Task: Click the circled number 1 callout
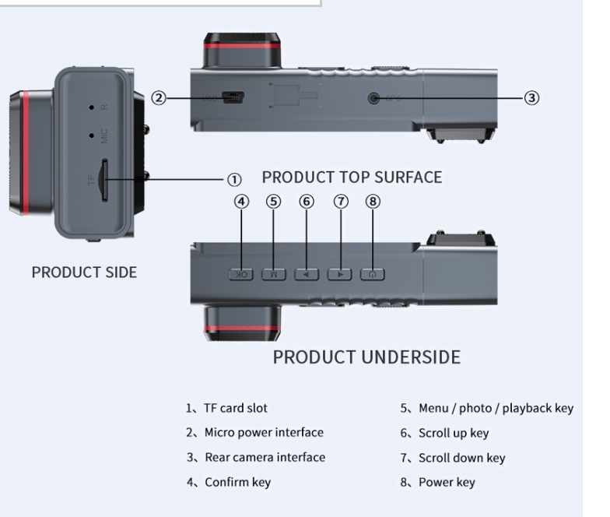(234, 180)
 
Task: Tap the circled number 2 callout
(158, 98)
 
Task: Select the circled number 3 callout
(531, 98)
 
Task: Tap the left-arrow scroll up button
(307, 274)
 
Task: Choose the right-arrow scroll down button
(339, 274)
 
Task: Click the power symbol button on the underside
(372, 274)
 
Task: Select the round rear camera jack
(373, 99)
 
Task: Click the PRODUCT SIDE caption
(84, 273)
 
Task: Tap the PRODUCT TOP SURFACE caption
(352, 178)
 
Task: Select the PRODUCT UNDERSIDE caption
(366, 357)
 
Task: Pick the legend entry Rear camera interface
(265, 457)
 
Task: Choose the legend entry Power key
(446, 482)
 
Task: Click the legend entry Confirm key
(237, 482)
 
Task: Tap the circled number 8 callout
(373, 202)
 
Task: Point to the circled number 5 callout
(273, 202)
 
